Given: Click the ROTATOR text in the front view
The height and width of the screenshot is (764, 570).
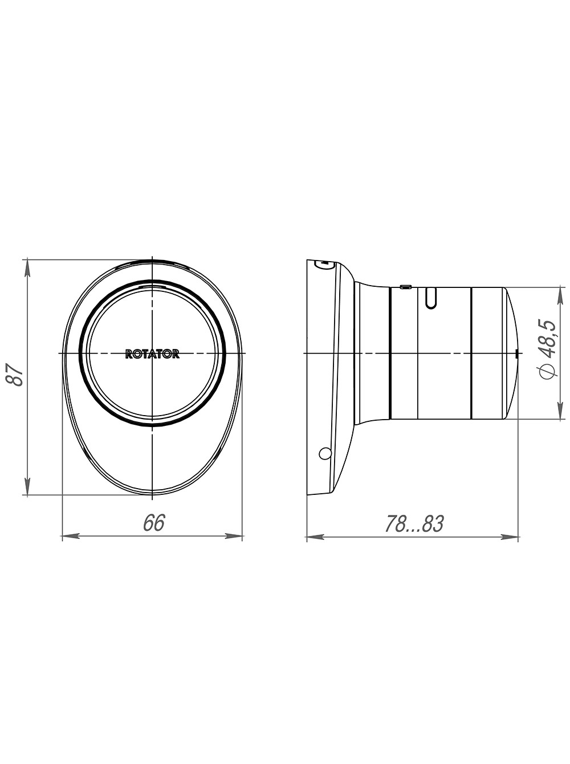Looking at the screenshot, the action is (152, 354).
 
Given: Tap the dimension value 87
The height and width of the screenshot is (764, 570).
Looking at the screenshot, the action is (15, 375).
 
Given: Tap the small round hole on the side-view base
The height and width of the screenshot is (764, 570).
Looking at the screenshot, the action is (325, 453).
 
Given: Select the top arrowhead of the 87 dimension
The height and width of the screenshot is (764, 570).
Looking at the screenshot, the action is (27, 269).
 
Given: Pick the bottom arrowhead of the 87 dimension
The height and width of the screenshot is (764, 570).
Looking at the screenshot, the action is (27, 486).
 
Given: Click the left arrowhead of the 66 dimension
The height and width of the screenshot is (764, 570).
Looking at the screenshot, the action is (71, 536).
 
